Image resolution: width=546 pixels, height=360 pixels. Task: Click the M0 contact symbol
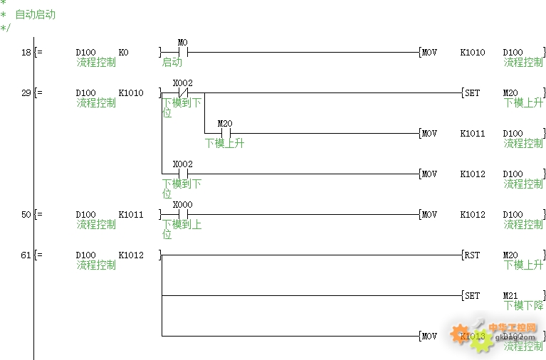(x=182, y=52)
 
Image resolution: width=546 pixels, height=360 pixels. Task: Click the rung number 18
(x=26, y=53)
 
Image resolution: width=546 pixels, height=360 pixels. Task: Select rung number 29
(x=26, y=93)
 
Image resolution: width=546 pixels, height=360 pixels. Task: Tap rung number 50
(x=26, y=215)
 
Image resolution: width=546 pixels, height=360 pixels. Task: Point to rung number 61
(x=26, y=255)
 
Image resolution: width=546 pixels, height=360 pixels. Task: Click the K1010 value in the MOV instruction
(x=473, y=53)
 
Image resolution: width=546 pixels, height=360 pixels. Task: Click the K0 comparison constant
(x=124, y=53)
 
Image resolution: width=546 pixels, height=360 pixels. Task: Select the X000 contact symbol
(x=182, y=214)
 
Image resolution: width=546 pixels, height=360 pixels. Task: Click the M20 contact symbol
(x=226, y=133)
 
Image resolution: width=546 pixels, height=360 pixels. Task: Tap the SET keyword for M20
(x=473, y=93)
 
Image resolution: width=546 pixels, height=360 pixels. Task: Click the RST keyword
(x=473, y=255)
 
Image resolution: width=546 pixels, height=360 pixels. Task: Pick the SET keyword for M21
(x=473, y=296)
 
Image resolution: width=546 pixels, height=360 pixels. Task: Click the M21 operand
(x=513, y=296)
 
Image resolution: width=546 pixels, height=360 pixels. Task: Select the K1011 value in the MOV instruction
(x=473, y=134)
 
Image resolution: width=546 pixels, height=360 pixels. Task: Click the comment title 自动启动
(x=35, y=14)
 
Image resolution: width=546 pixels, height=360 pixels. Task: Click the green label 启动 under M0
(x=172, y=63)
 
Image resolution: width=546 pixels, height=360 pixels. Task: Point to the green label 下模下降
(x=524, y=306)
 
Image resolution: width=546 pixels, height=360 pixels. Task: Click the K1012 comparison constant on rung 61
(x=131, y=255)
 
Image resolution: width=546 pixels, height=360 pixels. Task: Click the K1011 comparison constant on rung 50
(x=131, y=215)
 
